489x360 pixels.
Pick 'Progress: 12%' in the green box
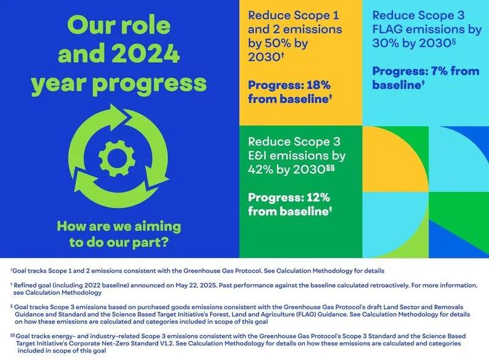[x=289, y=197]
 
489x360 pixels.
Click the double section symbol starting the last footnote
[x=12, y=336]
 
